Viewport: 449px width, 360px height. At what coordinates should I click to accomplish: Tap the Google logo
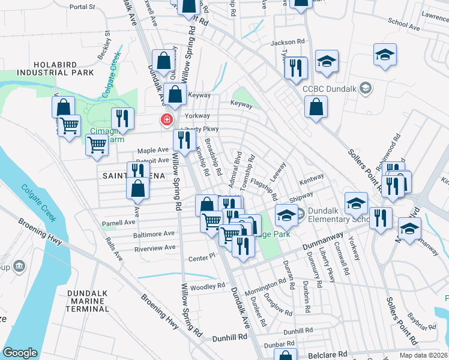point(20,352)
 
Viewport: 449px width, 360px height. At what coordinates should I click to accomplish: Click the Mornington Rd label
point(266,282)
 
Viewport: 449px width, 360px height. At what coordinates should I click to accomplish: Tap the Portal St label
point(82,7)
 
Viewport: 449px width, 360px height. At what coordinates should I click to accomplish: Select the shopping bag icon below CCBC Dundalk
point(315,107)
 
